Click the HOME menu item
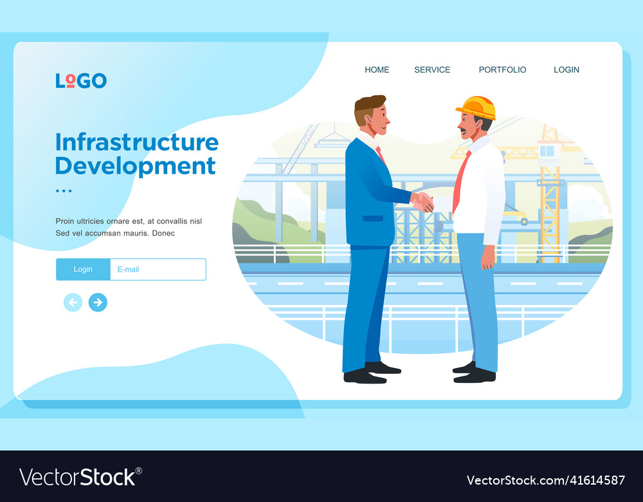pyautogui.click(x=377, y=70)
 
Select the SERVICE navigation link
pyautogui.click(x=432, y=70)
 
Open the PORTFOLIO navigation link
pyautogui.click(x=502, y=70)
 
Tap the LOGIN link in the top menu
pyautogui.click(x=566, y=70)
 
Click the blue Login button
pyautogui.click(x=83, y=269)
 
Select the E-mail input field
pyautogui.click(x=158, y=269)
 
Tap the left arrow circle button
pyautogui.click(x=73, y=302)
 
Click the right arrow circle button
pyautogui.click(x=98, y=302)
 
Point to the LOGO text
pyautogui.click(x=81, y=80)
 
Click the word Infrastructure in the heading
pyautogui.click(x=136, y=142)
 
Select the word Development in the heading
pyautogui.click(x=135, y=165)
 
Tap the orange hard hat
pyautogui.click(x=477, y=107)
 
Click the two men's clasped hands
pyautogui.click(x=422, y=202)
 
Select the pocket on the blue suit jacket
pyautogui.click(x=372, y=218)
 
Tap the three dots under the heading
pyautogui.click(x=64, y=191)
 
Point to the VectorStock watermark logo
pyautogui.click(x=80, y=477)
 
